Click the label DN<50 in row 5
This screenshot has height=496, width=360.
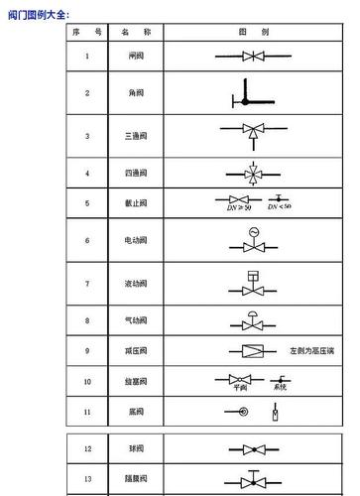click(x=280, y=207)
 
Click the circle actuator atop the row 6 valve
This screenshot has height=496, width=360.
click(x=254, y=232)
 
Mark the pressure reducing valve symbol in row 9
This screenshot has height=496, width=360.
click(x=252, y=351)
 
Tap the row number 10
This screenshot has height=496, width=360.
click(x=87, y=381)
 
